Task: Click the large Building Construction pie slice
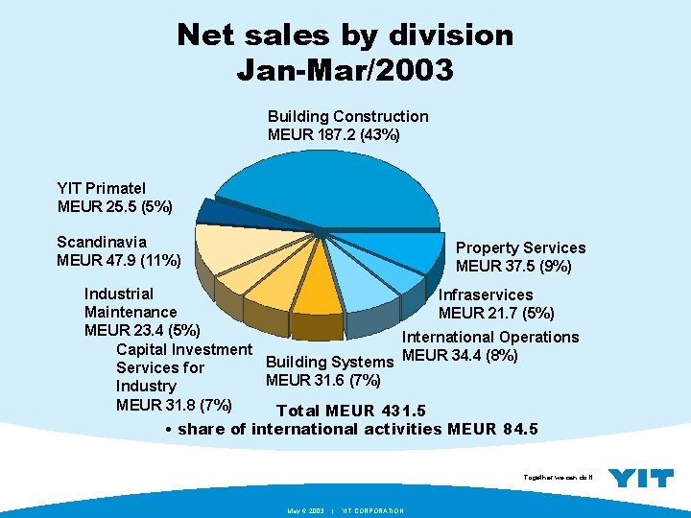tap(317, 187)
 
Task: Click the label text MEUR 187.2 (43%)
tap(333, 134)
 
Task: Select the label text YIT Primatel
tap(101, 189)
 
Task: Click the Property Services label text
tap(520, 247)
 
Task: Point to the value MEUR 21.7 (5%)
tap(496, 313)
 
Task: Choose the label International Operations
tap(490, 337)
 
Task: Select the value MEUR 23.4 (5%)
tap(142, 330)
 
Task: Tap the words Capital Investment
tap(183, 348)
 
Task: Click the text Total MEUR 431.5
tap(350, 412)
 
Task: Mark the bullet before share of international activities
tap(168, 429)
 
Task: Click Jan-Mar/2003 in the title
tap(345, 69)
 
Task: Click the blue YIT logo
tap(641, 478)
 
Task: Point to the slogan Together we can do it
tap(559, 477)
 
